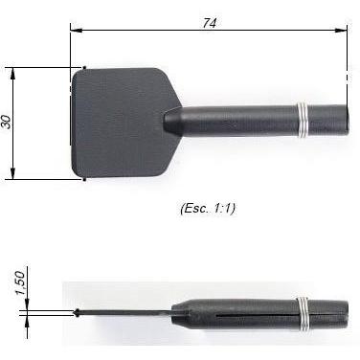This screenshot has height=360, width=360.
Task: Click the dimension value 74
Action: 210,23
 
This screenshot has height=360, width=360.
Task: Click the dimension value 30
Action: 7,122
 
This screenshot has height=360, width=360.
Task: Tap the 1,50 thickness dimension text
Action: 20,283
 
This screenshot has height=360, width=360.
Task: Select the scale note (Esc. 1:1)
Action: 208,209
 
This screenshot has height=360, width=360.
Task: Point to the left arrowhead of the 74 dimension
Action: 76,31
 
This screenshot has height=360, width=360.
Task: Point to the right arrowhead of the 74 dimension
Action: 341,31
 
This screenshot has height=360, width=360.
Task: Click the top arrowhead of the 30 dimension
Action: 12,74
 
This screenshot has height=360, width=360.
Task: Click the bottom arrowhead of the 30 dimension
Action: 12,173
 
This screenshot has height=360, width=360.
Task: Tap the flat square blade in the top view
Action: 122,123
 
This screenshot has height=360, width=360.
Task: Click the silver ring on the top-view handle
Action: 304,121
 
